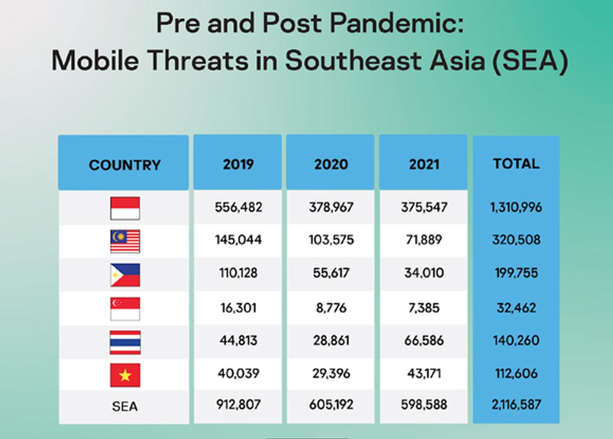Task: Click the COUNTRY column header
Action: click(125, 165)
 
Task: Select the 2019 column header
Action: click(238, 164)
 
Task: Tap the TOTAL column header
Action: click(516, 163)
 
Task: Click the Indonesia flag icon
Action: click(125, 208)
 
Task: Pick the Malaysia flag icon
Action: click(125, 241)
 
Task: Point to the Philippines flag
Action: click(125, 275)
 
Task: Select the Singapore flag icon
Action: click(125, 309)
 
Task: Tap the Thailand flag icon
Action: click(125, 342)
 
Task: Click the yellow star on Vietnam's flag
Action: click(125, 375)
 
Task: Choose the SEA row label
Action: click(125, 406)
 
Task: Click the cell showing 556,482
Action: click(238, 207)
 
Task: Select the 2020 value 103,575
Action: click(331, 240)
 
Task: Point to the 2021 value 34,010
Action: click(424, 273)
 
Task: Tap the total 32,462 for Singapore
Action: click(516, 308)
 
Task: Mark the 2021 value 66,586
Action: click(424, 340)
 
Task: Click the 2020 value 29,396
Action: click(331, 373)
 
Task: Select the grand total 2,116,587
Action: click(516, 404)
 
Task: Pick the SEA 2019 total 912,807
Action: click(238, 404)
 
